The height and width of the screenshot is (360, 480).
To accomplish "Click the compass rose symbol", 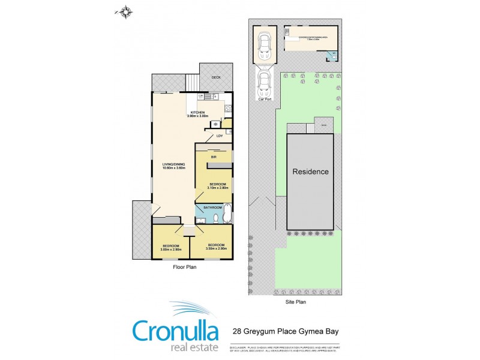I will pyautogui.click(x=125, y=10).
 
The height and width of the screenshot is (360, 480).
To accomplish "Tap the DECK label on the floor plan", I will pyautogui.click(x=216, y=77).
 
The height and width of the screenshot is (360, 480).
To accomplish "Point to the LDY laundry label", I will pyautogui.click(x=211, y=136).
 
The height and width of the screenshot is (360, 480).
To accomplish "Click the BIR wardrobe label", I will pyautogui.click(x=213, y=157).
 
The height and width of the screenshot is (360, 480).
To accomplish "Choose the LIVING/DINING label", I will pyautogui.click(x=173, y=166).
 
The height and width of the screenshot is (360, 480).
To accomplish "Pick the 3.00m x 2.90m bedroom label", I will pyautogui.click(x=171, y=247).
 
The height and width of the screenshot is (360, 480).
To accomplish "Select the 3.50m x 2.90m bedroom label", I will pyautogui.click(x=216, y=247).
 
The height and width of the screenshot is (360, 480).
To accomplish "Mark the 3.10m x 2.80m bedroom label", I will pyautogui.click(x=213, y=186).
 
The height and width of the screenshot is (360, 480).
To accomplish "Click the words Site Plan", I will pyautogui.click(x=295, y=302).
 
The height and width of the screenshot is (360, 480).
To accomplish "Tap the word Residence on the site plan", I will pyautogui.click(x=310, y=172).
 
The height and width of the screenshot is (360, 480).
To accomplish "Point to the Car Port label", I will pyautogui.click(x=264, y=100).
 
